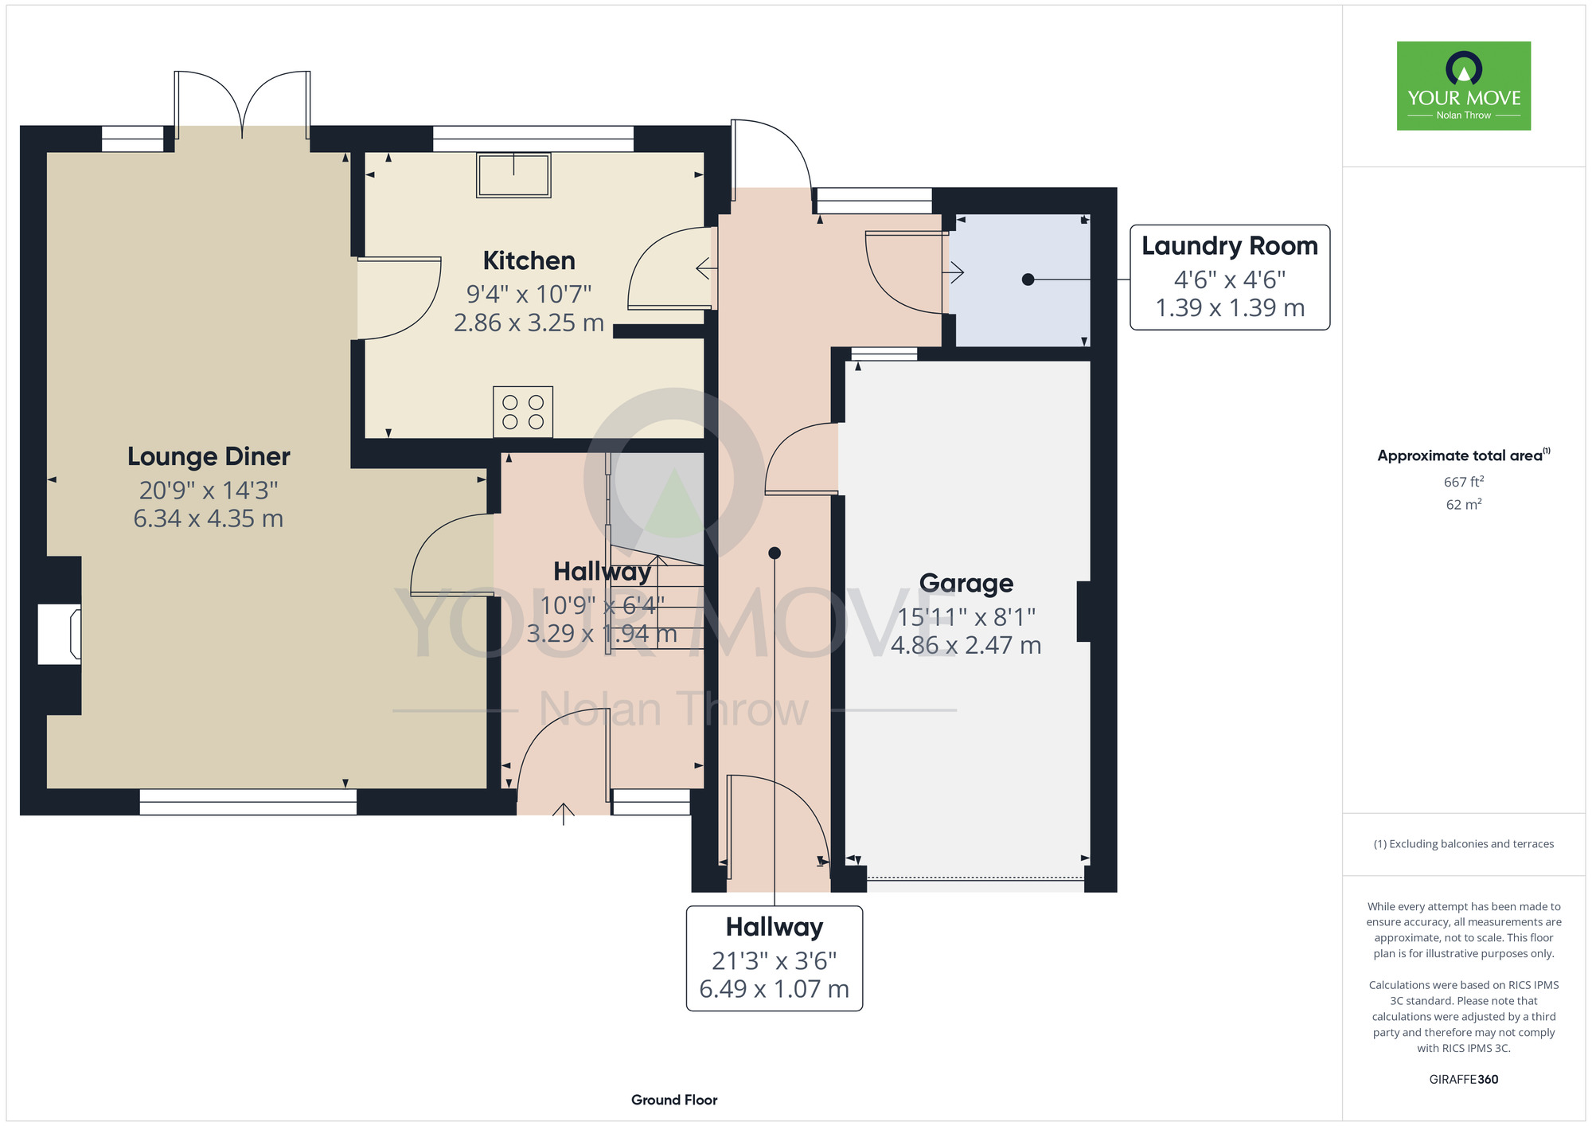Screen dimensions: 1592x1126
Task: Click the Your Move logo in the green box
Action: click(x=1463, y=86)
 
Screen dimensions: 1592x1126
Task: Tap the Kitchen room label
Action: click(x=529, y=260)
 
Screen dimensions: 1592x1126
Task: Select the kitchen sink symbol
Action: click(x=513, y=175)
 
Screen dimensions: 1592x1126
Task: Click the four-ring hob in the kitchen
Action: click(x=523, y=412)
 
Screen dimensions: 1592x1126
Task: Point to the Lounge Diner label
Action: click(x=209, y=456)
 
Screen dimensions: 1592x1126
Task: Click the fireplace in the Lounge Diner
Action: click(x=60, y=635)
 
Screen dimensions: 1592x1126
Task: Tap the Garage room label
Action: click(x=966, y=584)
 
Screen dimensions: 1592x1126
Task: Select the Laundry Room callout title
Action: click(x=1230, y=246)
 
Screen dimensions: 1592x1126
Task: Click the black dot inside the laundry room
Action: click(x=1028, y=280)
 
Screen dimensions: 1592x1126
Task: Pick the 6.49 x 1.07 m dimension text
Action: click(x=775, y=989)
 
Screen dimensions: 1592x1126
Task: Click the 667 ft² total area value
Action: click(x=1463, y=482)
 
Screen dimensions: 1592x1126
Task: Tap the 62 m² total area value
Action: click(x=1463, y=504)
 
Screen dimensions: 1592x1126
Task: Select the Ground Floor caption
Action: click(x=674, y=1100)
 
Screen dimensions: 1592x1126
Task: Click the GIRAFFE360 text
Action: click(x=1463, y=1080)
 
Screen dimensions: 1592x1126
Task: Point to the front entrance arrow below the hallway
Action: click(x=564, y=814)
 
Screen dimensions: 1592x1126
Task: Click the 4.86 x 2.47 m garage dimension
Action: click(x=966, y=645)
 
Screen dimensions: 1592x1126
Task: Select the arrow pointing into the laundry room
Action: click(x=954, y=272)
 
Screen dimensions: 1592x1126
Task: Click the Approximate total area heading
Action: click(x=1463, y=455)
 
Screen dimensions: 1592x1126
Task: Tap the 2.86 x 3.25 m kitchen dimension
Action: click(x=529, y=323)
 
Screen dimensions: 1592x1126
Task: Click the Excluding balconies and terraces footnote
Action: click(x=1463, y=844)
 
